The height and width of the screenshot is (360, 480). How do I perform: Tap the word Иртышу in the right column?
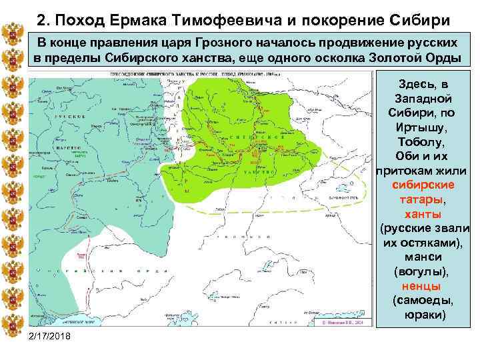click(424, 127)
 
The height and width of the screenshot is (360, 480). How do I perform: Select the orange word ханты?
click(424, 214)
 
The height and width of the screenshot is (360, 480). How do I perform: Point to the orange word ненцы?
click(424, 286)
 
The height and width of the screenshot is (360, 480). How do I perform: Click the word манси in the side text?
click(424, 257)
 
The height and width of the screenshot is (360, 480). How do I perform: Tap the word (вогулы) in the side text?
click(424, 272)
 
